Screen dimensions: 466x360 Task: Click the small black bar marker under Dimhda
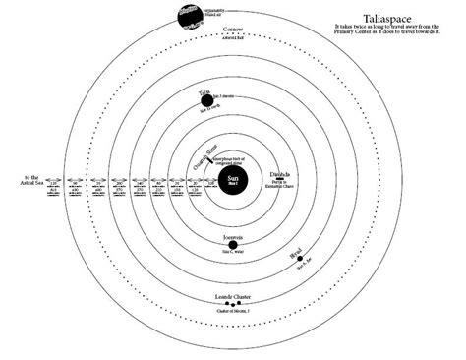pyautogui.click(x=270, y=182)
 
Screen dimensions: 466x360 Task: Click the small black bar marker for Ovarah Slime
pyautogui.click(x=204, y=151)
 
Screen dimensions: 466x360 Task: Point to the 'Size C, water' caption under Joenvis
pyautogui.click(x=234, y=254)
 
